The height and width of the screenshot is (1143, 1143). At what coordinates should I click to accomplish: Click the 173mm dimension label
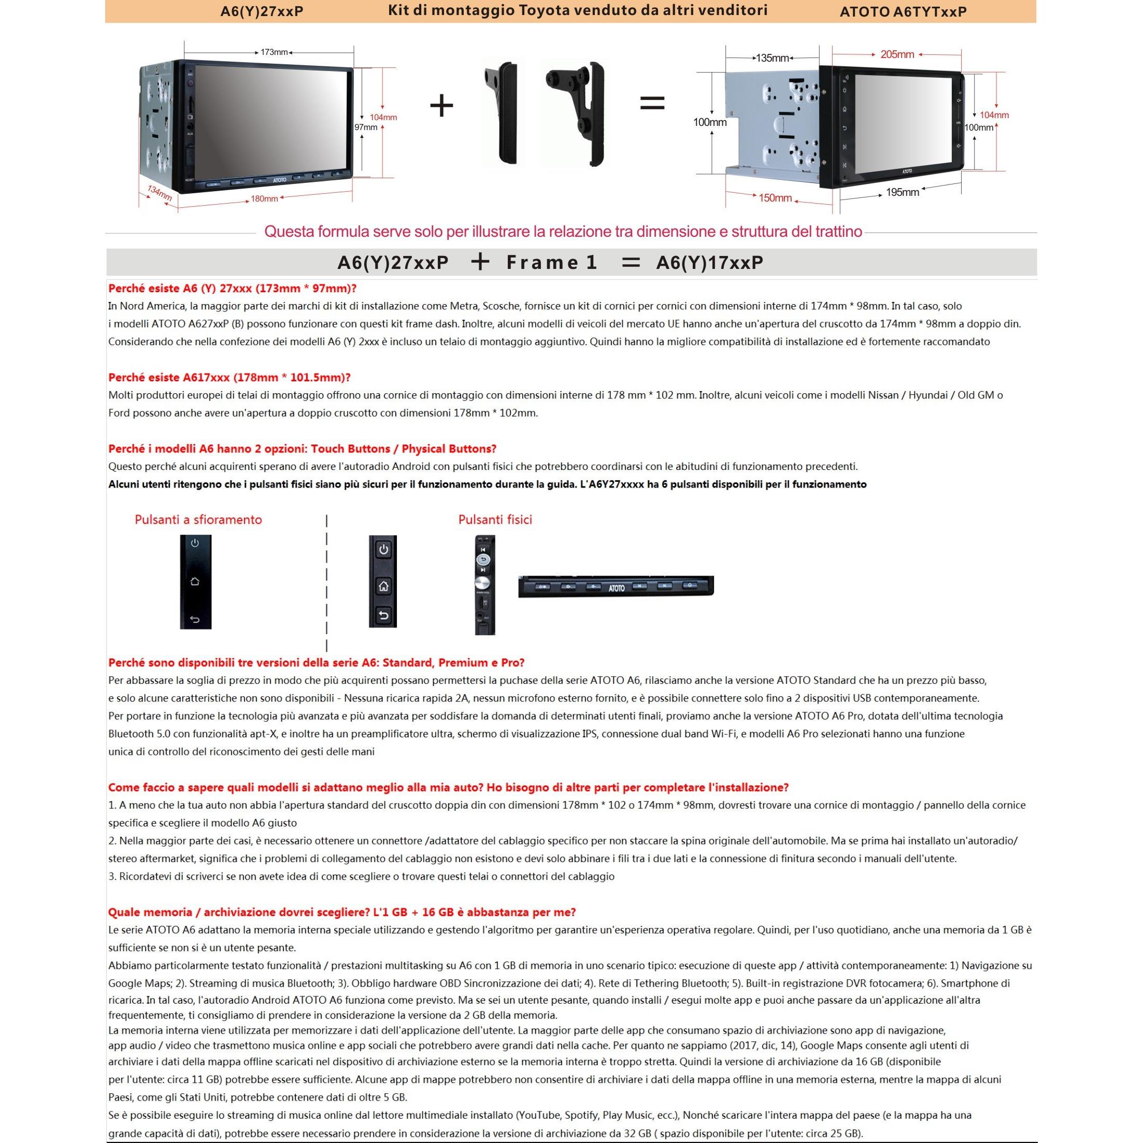pos(274,52)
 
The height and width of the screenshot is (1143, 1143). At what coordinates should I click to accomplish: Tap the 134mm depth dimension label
pos(160,192)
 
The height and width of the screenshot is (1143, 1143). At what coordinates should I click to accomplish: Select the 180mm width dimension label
pos(264,199)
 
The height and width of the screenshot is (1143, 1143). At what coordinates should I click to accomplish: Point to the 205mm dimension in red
pos(897,54)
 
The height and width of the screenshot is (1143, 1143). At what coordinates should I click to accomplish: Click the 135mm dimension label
pos(772,58)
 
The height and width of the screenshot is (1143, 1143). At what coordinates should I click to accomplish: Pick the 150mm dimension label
pos(775,197)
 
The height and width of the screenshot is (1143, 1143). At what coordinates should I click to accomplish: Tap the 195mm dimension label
pos(902,192)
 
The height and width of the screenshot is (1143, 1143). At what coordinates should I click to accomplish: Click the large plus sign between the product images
pos(441,106)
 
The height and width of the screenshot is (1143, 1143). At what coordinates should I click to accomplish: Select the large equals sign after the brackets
pos(652,104)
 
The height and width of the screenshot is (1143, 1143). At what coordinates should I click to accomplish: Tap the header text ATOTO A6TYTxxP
pos(903,12)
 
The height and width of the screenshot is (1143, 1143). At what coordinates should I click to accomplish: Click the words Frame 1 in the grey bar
pos(551,263)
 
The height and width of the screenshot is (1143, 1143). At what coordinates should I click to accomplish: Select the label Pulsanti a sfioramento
pos(198,520)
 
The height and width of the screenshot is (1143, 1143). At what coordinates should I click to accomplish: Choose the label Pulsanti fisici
pos(495,520)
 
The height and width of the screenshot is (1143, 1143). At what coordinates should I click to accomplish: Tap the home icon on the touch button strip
pos(195,581)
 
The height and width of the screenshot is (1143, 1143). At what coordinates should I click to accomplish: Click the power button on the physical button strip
pos(383,550)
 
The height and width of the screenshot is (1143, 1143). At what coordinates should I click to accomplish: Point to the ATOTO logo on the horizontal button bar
pos(617,588)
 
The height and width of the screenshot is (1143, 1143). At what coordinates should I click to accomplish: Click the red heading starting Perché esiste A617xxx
pos(230,377)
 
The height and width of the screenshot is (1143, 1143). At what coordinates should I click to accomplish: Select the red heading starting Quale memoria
pos(341,912)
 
